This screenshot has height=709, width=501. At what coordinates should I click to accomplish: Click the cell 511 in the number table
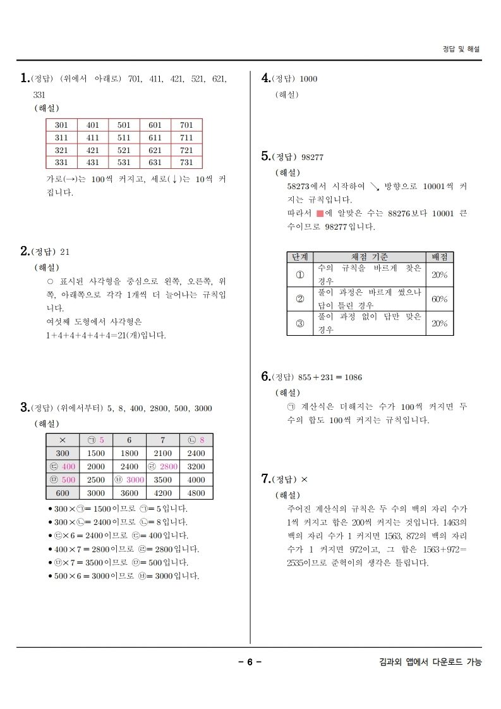[124, 137]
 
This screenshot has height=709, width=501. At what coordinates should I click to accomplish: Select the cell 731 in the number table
[186, 162]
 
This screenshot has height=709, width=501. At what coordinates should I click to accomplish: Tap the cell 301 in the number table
[61, 125]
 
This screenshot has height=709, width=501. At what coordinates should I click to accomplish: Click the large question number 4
[265, 78]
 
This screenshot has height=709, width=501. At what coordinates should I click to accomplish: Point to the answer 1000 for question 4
[308, 79]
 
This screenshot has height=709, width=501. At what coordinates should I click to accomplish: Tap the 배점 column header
[439, 257]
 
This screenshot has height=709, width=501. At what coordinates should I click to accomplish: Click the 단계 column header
[299, 257]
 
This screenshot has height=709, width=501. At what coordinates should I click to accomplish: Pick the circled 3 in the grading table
[299, 323]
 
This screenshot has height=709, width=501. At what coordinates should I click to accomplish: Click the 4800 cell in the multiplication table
[196, 493]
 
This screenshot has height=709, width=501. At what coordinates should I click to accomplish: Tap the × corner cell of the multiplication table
[63, 440]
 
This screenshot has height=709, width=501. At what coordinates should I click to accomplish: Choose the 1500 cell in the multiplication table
[96, 453]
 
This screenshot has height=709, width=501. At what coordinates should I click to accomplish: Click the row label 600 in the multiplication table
[63, 493]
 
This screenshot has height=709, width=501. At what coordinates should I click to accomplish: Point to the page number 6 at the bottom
[250, 662]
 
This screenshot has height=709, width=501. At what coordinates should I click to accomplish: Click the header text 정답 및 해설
[461, 49]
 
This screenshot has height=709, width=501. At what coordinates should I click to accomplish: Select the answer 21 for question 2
[64, 252]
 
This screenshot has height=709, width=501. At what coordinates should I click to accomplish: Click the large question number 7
[265, 479]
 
